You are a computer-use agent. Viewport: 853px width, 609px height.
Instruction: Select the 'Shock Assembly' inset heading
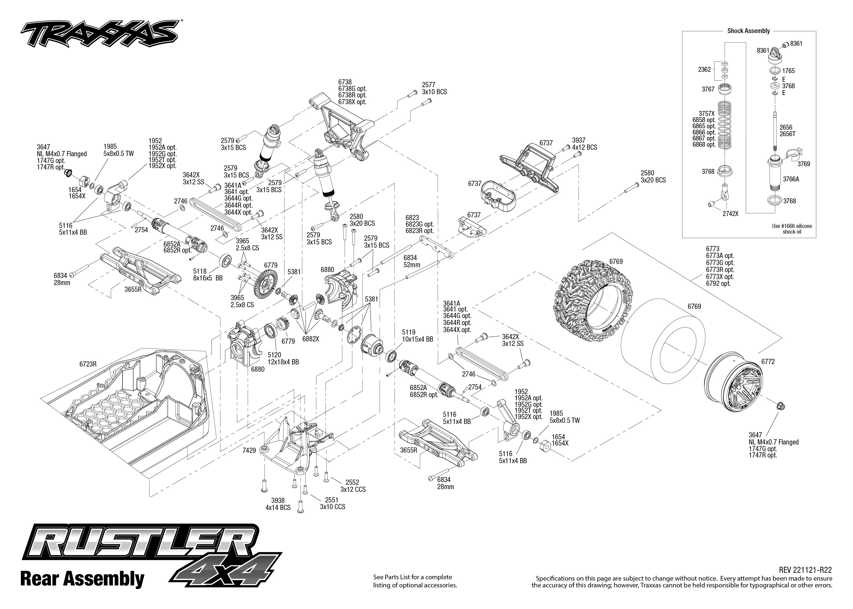(x=748, y=31)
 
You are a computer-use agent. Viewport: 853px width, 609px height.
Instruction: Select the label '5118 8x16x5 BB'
(x=208, y=274)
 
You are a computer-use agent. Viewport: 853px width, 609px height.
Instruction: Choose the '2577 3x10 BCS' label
(x=434, y=89)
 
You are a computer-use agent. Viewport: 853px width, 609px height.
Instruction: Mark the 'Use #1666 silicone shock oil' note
(x=792, y=229)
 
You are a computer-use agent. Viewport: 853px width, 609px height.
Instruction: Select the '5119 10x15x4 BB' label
(x=418, y=336)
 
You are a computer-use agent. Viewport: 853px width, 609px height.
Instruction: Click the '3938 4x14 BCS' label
(x=278, y=504)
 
